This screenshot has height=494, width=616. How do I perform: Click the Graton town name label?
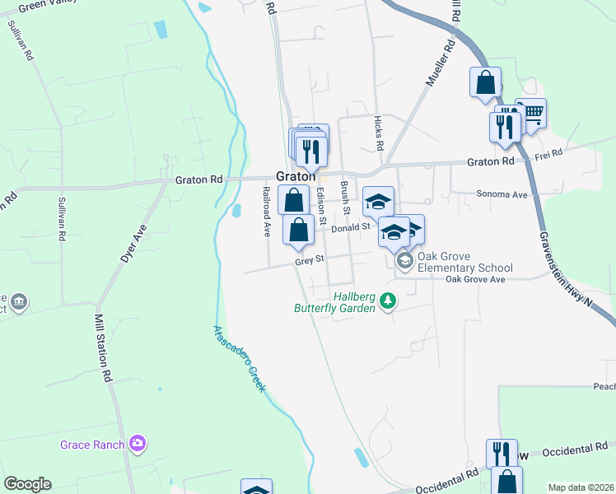coord(296,176)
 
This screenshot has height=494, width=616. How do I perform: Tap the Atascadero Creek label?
coord(240,359)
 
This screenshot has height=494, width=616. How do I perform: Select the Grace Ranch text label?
coord(92,445)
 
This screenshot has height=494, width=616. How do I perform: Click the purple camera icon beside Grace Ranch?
coord(138,445)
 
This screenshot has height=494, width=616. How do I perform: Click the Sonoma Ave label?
coord(502,195)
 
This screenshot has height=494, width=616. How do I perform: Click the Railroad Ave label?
coord(266,211)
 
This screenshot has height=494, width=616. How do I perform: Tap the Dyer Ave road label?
coord(133,243)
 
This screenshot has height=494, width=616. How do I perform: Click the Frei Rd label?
coord(548,153)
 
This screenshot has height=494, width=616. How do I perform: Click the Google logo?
coord(27,484)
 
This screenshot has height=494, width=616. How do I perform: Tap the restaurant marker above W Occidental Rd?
coord(500,452)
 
